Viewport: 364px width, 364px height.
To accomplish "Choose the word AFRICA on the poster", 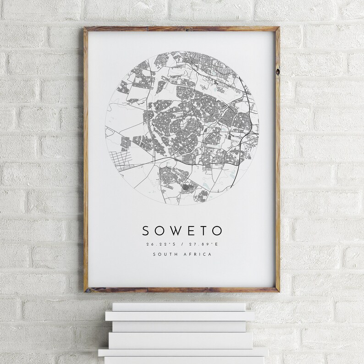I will pos(198,255).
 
